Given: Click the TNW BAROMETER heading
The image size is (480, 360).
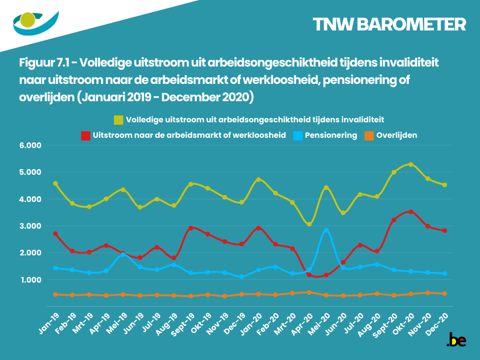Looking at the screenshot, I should click(389, 24).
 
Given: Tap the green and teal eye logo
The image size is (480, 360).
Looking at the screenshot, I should click(35, 22).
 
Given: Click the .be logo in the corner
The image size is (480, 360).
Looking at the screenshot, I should click(456, 340).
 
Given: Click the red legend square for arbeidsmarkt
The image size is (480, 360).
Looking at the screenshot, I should click(86, 135).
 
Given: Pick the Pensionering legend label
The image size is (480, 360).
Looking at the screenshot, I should click(331, 135).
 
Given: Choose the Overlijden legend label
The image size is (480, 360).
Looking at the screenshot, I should click(396, 135).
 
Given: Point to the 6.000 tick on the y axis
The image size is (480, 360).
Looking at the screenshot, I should click(31, 145).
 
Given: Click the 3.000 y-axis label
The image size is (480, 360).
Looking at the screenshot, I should click(31, 226).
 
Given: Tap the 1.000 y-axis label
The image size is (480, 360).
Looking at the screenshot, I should click(31, 280).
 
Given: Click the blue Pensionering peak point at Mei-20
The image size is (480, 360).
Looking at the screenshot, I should click(326, 231).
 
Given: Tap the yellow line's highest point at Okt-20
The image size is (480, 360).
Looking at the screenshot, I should click(411, 165).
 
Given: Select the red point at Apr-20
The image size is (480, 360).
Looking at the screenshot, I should click(309, 275).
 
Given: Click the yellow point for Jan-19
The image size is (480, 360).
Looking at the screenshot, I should click(55, 184).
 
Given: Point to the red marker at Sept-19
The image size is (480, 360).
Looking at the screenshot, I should click(191, 228).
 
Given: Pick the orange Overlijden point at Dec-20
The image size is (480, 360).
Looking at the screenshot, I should click(444, 294).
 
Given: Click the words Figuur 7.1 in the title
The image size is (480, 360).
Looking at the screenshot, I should click(47, 62).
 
